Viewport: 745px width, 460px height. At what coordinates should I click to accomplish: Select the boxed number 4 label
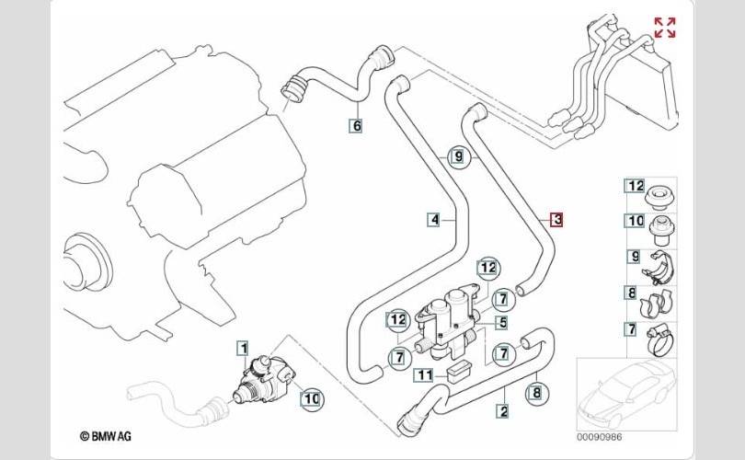coord(433,219)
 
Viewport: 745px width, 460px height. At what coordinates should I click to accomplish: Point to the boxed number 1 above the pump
coord(243,347)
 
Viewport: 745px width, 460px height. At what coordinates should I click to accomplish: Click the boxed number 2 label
coord(504,410)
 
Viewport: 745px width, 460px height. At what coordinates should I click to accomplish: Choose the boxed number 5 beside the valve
coord(501,323)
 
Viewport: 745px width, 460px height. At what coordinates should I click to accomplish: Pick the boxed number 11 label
coord(424,374)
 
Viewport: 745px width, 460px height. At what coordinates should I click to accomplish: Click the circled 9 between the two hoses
coord(458,157)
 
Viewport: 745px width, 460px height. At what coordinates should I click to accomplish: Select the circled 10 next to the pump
coord(311,398)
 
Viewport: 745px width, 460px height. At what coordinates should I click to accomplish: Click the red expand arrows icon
coord(664,28)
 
